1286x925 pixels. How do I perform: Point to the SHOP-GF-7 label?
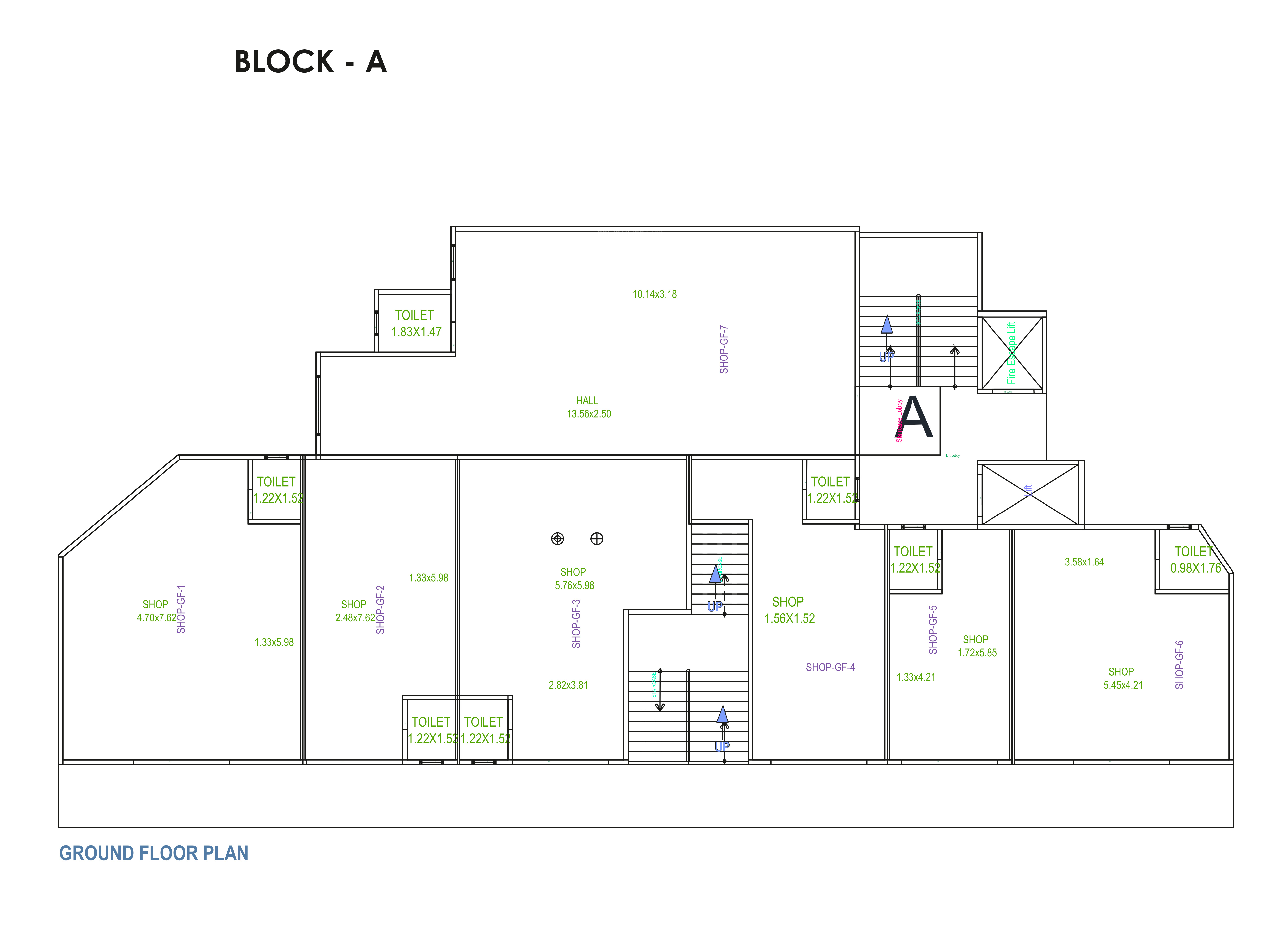pos(723,349)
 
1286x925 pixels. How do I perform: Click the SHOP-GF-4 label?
pos(830,667)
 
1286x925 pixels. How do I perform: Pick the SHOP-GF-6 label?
pos(1179,664)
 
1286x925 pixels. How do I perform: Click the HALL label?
pos(587,401)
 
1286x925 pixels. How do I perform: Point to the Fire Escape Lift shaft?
pos(1012,353)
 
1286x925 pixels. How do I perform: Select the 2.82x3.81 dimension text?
pos(568,685)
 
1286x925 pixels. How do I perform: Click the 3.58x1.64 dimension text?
pos(1084,562)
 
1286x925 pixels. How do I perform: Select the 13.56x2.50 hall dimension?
pos(589,414)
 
